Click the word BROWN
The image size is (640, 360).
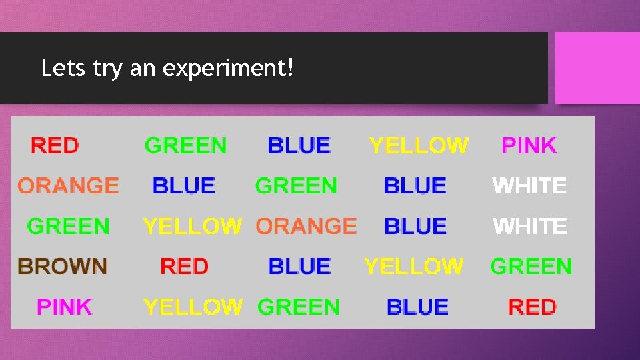pyautogui.click(x=63, y=267)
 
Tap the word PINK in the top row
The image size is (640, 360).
pyautogui.click(x=529, y=145)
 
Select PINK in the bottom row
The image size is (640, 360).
pyautogui.click(x=64, y=307)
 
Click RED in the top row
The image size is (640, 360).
pyautogui.click(x=55, y=145)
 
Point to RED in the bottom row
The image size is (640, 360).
pyautogui.click(x=532, y=307)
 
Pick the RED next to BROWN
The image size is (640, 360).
pyautogui.click(x=184, y=267)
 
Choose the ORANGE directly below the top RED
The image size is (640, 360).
pyautogui.click(x=68, y=185)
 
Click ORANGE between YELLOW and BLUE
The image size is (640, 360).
pyautogui.click(x=306, y=226)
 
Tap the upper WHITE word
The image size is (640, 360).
pyautogui.click(x=529, y=185)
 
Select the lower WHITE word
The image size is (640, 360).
pyautogui.click(x=530, y=226)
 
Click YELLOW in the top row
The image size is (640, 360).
pyautogui.click(x=419, y=145)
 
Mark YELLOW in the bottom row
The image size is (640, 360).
pyautogui.click(x=193, y=307)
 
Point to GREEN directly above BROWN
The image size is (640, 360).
pyautogui.click(x=68, y=226)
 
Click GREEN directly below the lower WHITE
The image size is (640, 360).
pyautogui.click(x=531, y=267)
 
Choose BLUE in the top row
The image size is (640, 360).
pyautogui.click(x=299, y=145)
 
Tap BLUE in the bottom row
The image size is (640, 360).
pyautogui.click(x=417, y=307)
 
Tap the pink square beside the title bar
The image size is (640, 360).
pyautogui.click(x=597, y=68)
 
